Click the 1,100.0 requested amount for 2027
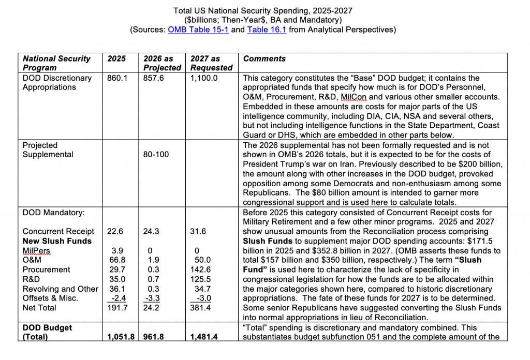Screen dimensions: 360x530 (204, 78)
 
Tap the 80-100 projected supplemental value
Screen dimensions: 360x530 (156, 155)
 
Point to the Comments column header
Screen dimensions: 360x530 (264, 59)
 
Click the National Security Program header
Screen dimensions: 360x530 (56, 63)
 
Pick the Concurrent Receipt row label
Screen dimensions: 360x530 (58, 231)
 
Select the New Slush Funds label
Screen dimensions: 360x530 (57, 241)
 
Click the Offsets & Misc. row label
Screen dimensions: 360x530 (50, 298)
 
